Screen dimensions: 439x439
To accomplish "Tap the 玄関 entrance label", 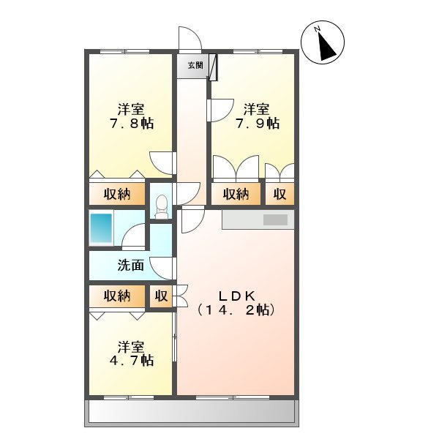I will pos(194,66).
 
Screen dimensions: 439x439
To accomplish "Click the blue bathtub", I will pos(100,228).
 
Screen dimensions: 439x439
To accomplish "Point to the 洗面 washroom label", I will pos(131,266).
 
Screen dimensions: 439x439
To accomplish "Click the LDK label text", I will pos(236,296).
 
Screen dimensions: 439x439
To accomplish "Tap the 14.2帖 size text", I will pos(236,311).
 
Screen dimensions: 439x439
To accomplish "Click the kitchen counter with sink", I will pos(258,219).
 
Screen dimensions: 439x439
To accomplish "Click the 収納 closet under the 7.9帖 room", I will pos(236,194).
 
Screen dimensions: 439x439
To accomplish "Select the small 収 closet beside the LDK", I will pos(161,296).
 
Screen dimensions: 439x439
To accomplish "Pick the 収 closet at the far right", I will pos(279,194).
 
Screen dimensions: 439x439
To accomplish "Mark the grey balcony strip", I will pos(193,413).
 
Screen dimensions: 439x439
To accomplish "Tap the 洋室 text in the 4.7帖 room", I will pos(132,345).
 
